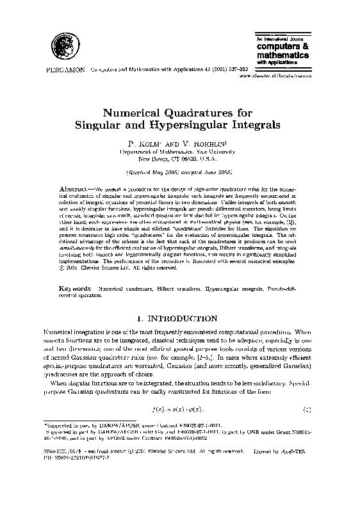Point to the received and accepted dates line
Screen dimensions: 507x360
click(180, 173)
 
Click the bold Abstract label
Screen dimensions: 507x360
click(76, 190)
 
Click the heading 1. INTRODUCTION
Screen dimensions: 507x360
click(179, 318)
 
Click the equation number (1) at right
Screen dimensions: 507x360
click(307, 408)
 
